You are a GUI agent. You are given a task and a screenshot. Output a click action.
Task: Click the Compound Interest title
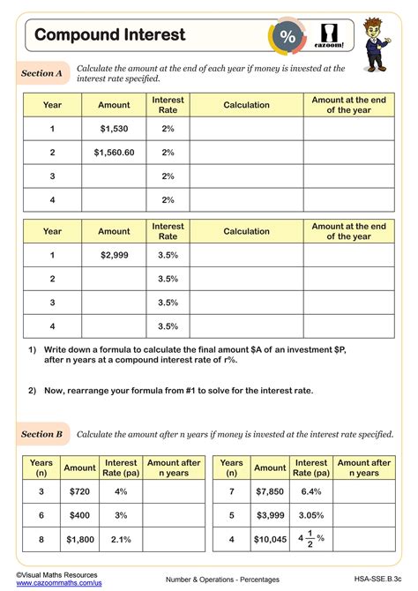click(110, 34)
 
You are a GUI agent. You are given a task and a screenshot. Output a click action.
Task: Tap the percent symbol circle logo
click(287, 36)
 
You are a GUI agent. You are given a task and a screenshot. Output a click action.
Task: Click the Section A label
click(41, 74)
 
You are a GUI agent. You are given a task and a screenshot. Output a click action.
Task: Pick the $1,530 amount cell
click(114, 129)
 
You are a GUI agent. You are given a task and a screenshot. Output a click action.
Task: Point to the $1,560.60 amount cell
click(114, 153)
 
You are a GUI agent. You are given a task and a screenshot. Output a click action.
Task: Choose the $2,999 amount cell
click(114, 255)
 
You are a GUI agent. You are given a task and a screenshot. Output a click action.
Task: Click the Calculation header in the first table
click(246, 105)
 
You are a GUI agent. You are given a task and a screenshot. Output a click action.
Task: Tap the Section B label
click(41, 434)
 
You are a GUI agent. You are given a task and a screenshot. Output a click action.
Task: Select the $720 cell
click(79, 491)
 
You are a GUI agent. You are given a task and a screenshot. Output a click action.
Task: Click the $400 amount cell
click(79, 514)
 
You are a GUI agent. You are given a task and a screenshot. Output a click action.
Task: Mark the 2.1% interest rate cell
click(121, 538)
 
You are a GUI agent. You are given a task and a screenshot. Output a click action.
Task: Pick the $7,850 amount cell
click(270, 491)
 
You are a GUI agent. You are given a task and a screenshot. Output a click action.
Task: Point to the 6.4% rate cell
click(311, 491)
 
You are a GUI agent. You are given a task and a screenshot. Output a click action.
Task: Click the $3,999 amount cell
click(270, 514)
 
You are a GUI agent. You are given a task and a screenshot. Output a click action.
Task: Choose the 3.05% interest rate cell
click(311, 514)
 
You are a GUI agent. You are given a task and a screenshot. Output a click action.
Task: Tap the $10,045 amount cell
click(270, 538)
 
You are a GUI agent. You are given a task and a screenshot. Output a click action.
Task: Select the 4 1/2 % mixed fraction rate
click(311, 538)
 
